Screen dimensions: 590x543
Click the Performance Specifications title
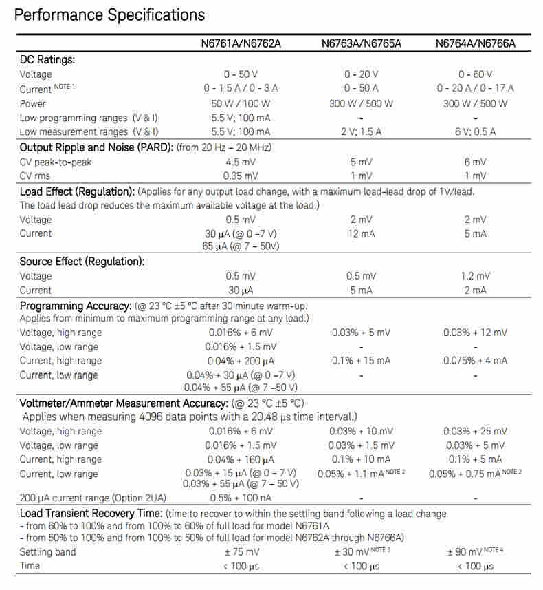[109, 15]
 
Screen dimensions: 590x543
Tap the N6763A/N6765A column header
[362, 44]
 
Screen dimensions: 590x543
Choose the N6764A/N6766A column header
[475, 44]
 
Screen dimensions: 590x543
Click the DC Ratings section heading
[47, 60]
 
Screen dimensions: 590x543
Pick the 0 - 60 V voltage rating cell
[475, 74]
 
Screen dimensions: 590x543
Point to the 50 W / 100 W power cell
[241, 103]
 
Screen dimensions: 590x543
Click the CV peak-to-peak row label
[56, 162]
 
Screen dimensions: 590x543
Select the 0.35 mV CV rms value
[241, 176]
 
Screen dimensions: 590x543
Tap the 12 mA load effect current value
[362, 233]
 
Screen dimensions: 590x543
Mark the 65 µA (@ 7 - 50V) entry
[241, 246]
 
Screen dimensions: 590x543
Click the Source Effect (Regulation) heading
[82, 262]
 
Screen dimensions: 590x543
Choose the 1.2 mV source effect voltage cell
[475, 276]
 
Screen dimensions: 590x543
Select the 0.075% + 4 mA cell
[475, 360]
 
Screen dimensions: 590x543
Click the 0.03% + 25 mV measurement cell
[475, 431]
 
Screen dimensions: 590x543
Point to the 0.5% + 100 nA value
[241, 498]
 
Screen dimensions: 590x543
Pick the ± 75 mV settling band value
[241, 552]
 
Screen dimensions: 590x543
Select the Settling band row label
[48, 552]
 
